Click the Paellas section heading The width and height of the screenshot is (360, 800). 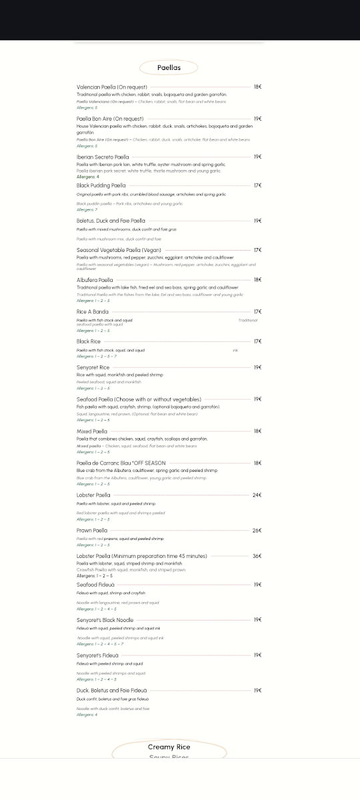[x=169, y=67]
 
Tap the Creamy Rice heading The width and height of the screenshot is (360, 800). [x=169, y=747]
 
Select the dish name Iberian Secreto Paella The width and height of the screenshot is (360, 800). [x=103, y=157]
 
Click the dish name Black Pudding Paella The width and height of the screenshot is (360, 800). [x=101, y=185]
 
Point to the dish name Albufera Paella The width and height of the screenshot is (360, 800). [x=95, y=280]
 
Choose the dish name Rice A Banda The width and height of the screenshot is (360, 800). [x=92, y=311]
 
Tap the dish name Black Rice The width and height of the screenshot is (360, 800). [x=88, y=341]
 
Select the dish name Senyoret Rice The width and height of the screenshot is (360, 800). [x=93, y=367]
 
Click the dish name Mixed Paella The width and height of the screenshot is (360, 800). [x=91, y=431]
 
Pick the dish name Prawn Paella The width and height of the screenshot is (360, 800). [x=91, y=530]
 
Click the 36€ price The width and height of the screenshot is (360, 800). [x=257, y=556]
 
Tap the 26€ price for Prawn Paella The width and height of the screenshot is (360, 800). [x=257, y=530]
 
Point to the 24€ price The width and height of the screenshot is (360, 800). [x=257, y=495]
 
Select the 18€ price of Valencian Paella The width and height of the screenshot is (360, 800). [x=257, y=87]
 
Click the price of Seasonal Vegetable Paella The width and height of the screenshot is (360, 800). [x=257, y=250]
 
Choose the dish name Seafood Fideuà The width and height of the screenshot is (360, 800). [x=95, y=585]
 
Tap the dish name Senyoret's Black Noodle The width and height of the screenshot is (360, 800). [x=105, y=620]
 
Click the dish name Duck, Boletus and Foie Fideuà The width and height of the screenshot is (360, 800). [x=111, y=690]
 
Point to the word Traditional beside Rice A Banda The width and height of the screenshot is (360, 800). [x=247, y=320]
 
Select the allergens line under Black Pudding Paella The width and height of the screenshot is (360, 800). [x=87, y=210]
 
